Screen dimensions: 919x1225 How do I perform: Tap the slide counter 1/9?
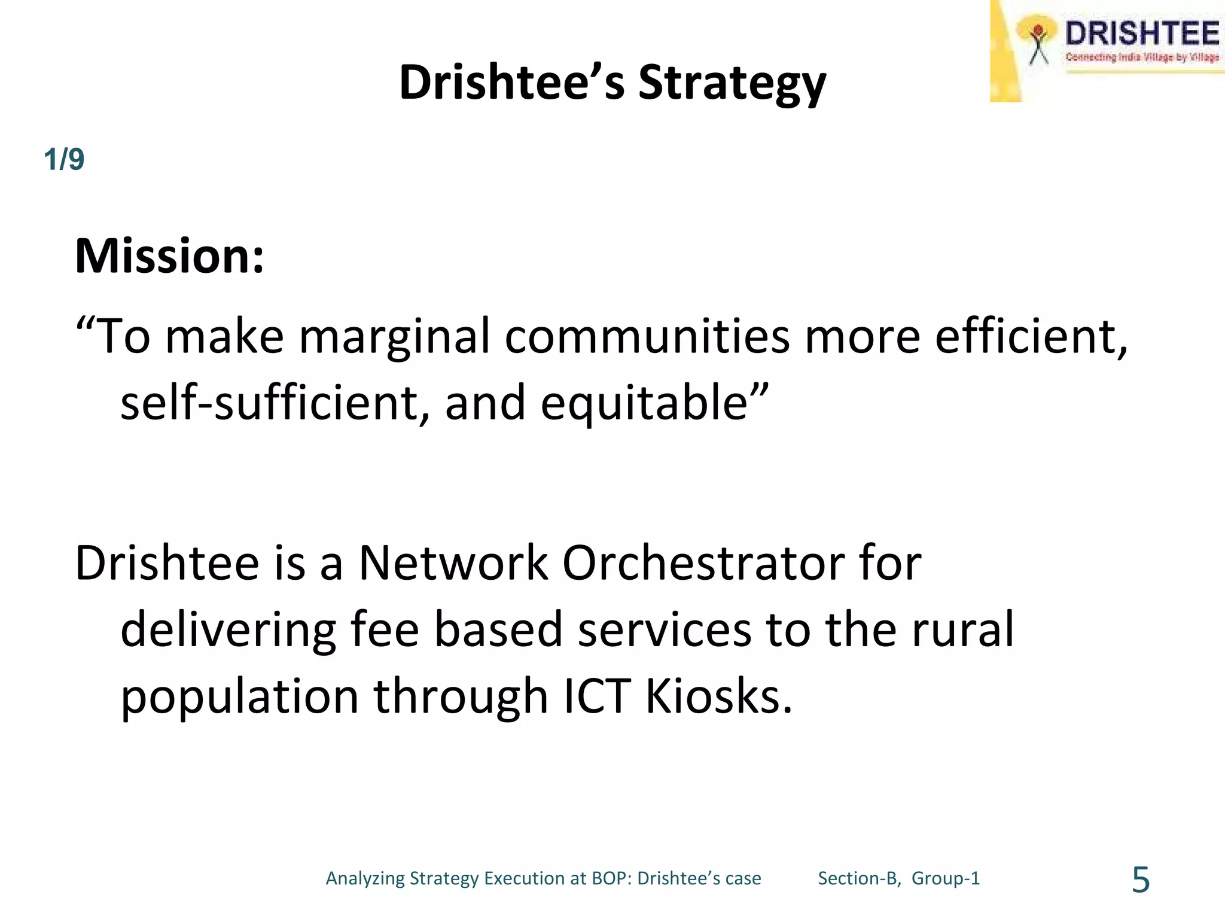tap(64, 160)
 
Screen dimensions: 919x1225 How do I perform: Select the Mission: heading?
tap(169, 256)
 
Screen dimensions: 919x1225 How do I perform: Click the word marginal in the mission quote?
tap(394, 336)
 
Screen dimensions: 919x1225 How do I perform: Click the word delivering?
tap(228, 629)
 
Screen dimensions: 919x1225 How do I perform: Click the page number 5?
tap(1141, 880)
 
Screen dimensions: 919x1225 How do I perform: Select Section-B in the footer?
tap(858, 878)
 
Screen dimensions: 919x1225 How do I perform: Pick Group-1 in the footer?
tap(946, 878)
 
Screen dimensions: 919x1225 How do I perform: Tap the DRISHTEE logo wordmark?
tap(1141, 34)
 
